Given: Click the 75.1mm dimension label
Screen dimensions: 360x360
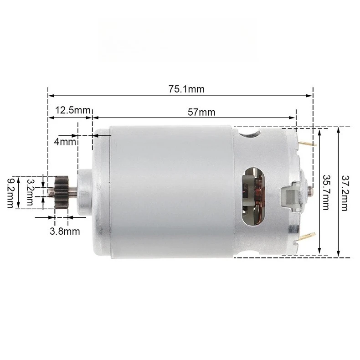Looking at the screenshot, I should click(x=186, y=89).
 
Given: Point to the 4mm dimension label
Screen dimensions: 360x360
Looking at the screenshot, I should click(x=64, y=142).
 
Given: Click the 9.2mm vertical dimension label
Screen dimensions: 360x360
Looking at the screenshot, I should click(x=10, y=192).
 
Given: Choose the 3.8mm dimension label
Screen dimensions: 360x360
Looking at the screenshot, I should click(x=65, y=231).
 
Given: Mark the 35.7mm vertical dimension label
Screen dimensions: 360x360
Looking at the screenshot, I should click(x=326, y=192).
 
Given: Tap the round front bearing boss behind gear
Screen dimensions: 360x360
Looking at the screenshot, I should click(x=85, y=192).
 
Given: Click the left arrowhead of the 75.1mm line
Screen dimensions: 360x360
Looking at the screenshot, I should click(x=51, y=96).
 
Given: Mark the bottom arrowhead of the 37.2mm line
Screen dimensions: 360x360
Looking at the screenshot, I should click(x=339, y=255).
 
